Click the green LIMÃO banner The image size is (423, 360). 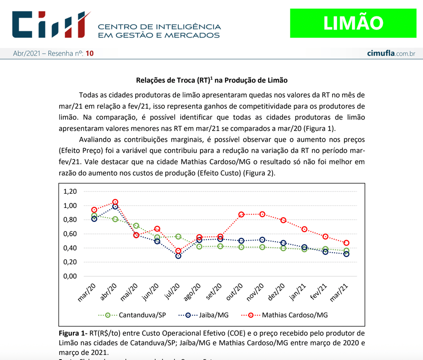coord(353,23)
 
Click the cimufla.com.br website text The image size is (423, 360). coord(391,54)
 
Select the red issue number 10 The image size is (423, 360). coord(90,54)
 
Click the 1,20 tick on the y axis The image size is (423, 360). coord(70,192)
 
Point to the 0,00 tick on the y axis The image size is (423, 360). coord(70,276)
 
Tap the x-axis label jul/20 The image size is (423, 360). coord(172,292)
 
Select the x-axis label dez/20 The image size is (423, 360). coord(277,292)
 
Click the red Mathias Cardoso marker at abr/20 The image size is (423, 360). coord(115,202)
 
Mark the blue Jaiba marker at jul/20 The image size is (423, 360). coord(178,256)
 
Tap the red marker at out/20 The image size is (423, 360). coord(241,215)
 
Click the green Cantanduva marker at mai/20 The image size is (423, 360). coord(136,226)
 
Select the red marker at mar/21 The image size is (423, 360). coord(346,243)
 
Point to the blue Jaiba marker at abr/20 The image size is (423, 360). coord(115,207)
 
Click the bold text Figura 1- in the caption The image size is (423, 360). coord(73,333)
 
